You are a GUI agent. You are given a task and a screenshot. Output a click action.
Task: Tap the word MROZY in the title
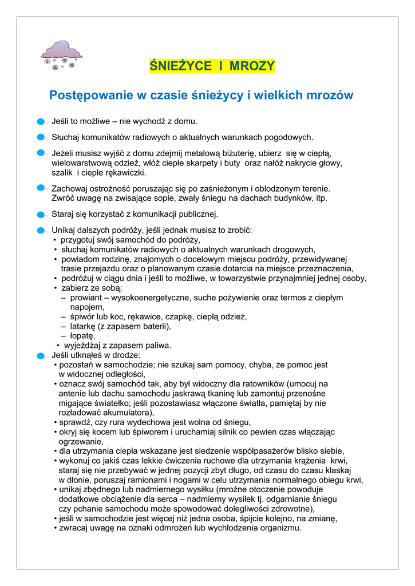pyautogui.click(x=252, y=66)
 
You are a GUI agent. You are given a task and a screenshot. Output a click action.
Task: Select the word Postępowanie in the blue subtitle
pyautogui.click(x=90, y=95)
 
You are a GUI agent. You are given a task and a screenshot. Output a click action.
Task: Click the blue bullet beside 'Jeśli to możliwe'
pyautogui.click(x=41, y=122)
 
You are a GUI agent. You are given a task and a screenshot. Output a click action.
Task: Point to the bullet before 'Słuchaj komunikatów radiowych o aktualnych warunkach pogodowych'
pyautogui.click(x=41, y=137)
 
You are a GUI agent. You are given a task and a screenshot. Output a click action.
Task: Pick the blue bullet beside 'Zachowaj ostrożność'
pyautogui.click(x=41, y=188)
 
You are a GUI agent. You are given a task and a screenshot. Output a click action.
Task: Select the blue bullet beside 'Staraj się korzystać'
pyautogui.click(x=41, y=215)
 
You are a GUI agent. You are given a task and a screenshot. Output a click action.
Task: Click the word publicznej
pyautogui.click(x=193, y=214)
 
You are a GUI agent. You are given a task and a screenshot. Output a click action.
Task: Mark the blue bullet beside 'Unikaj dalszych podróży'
pyautogui.click(x=41, y=230)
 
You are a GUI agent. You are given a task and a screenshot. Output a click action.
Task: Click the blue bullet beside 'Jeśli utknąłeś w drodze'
pyautogui.click(x=41, y=355)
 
